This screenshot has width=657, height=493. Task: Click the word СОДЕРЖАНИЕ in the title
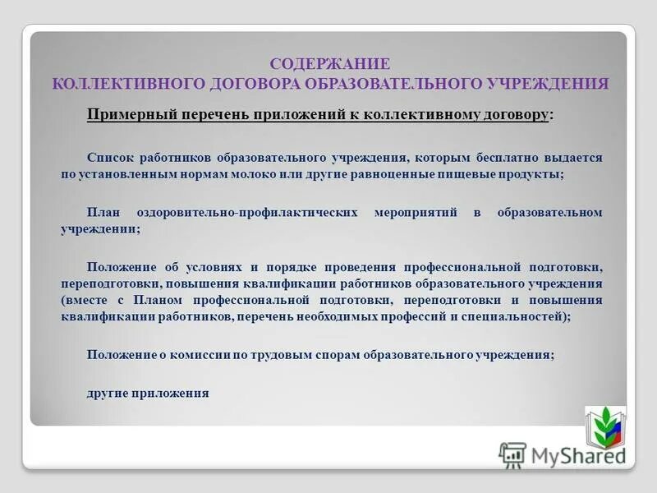[x=329, y=64]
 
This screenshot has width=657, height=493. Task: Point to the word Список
[x=108, y=156]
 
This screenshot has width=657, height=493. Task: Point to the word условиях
[x=214, y=267]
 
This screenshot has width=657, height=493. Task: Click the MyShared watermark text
[x=575, y=454]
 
